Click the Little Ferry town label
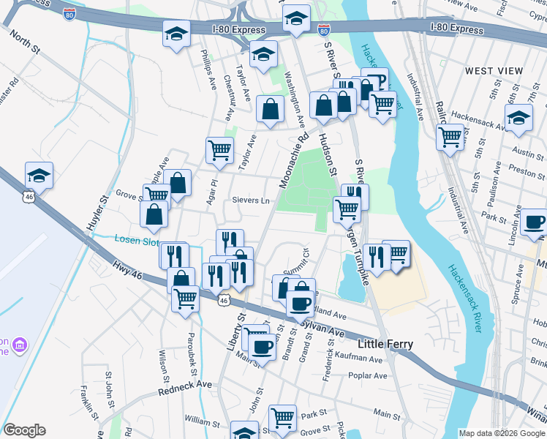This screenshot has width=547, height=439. point(385,344)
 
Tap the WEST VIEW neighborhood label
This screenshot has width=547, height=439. point(494,71)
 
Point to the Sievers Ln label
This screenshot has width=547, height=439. point(251,200)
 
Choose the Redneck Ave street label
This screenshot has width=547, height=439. point(185,388)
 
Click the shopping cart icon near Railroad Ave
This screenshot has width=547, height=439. point(450,135)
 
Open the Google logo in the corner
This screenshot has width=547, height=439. point(24,430)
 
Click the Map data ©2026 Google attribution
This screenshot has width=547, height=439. point(501,433)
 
